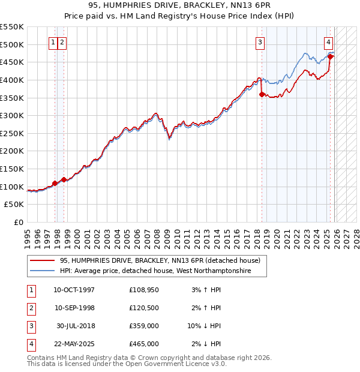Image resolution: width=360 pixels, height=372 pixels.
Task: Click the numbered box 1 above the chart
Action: click(x=53, y=42)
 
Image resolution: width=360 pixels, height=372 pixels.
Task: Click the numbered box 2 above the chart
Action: click(x=62, y=42)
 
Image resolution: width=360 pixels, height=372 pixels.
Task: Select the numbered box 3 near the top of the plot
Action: click(x=260, y=42)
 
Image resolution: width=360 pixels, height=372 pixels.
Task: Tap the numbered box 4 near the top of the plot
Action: click(x=329, y=42)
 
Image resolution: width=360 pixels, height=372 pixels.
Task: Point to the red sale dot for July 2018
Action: click(x=262, y=94)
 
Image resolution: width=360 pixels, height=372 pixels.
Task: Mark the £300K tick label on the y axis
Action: click(x=12, y=115)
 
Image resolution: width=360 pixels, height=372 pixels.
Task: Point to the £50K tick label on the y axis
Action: click(x=14, y=205)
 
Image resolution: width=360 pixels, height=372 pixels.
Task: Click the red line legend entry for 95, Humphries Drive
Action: click(x=160, y=261)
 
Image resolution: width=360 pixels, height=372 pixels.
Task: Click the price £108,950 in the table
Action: click(x=143, y=290)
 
